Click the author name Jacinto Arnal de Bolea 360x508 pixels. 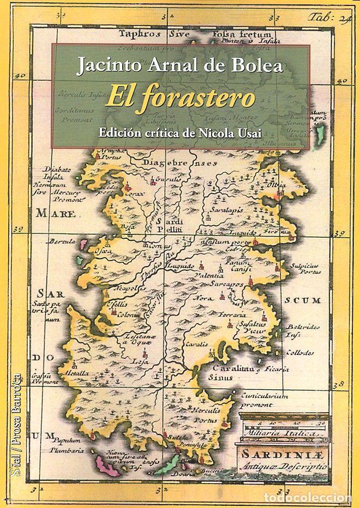click(180, 67)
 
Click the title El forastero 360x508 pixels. click(180, 99)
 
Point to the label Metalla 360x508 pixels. click(76, 374)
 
